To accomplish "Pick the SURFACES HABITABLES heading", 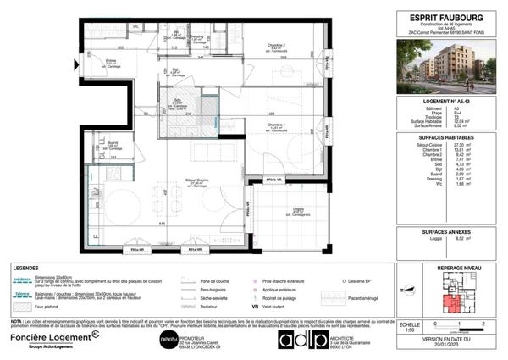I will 444,136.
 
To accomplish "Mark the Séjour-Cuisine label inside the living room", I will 197,180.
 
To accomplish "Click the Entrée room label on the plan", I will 111,61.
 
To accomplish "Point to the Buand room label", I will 111,143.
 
